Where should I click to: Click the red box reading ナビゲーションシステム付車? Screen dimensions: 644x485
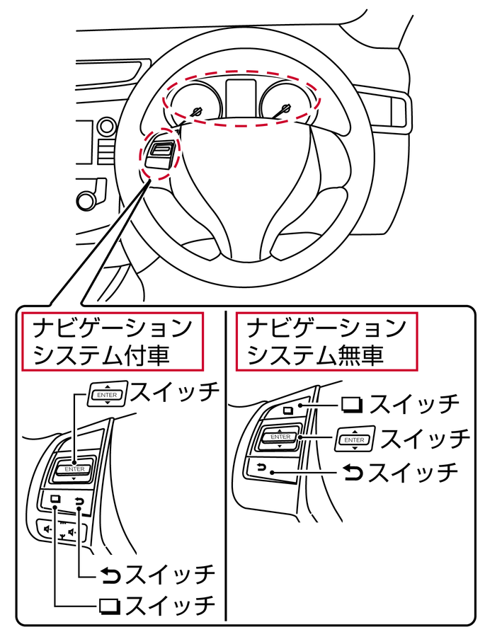click(x=112, y=341)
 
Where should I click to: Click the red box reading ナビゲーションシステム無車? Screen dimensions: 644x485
click(x=326, y=341)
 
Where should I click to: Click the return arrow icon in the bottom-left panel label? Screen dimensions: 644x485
click(x=110, y=575)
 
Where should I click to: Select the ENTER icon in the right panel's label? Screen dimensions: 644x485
click(x=355, y=439)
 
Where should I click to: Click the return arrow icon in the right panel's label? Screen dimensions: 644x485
click(x=353, y=471)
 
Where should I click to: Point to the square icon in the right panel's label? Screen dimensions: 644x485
click(x=352, y=405)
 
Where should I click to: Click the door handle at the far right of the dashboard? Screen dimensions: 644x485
click(x=397, y=113)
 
